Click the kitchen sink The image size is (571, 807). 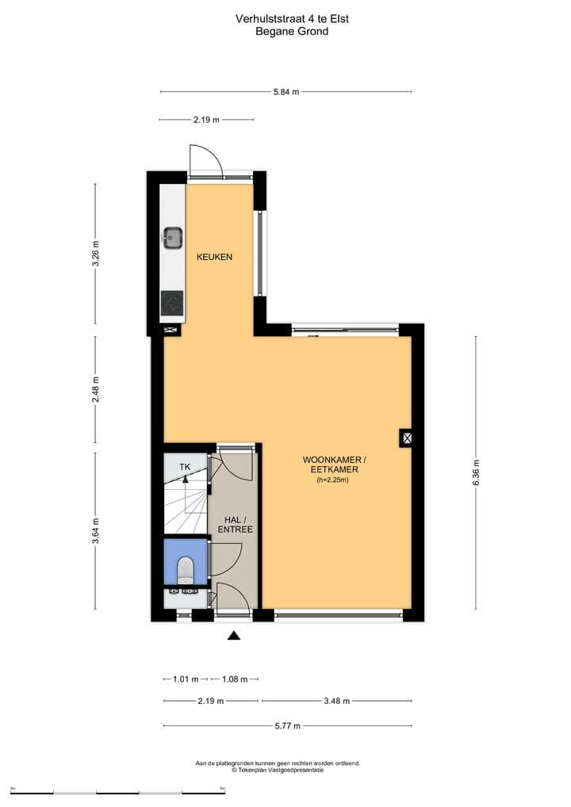pos(173,236)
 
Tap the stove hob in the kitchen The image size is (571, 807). pos(173,303)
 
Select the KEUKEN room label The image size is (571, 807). pos(214,257)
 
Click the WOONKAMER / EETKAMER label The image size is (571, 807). pos(334,465)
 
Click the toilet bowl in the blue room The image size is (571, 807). pos(186,568)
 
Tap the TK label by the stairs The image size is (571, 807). pos(184,467)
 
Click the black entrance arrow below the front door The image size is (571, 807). pos(233,635)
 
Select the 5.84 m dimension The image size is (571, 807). pos(285,92)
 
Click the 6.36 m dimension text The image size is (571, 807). pos(476,472)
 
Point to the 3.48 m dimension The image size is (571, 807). pos(337,701)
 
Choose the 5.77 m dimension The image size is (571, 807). pos(288,725)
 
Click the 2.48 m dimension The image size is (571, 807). pos(96,389)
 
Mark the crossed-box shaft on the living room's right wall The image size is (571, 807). pos(406,438)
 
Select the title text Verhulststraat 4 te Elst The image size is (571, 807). pos(291,18)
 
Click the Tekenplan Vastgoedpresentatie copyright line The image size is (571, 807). pos(278,770)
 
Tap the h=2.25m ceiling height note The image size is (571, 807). pos(333,480)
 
